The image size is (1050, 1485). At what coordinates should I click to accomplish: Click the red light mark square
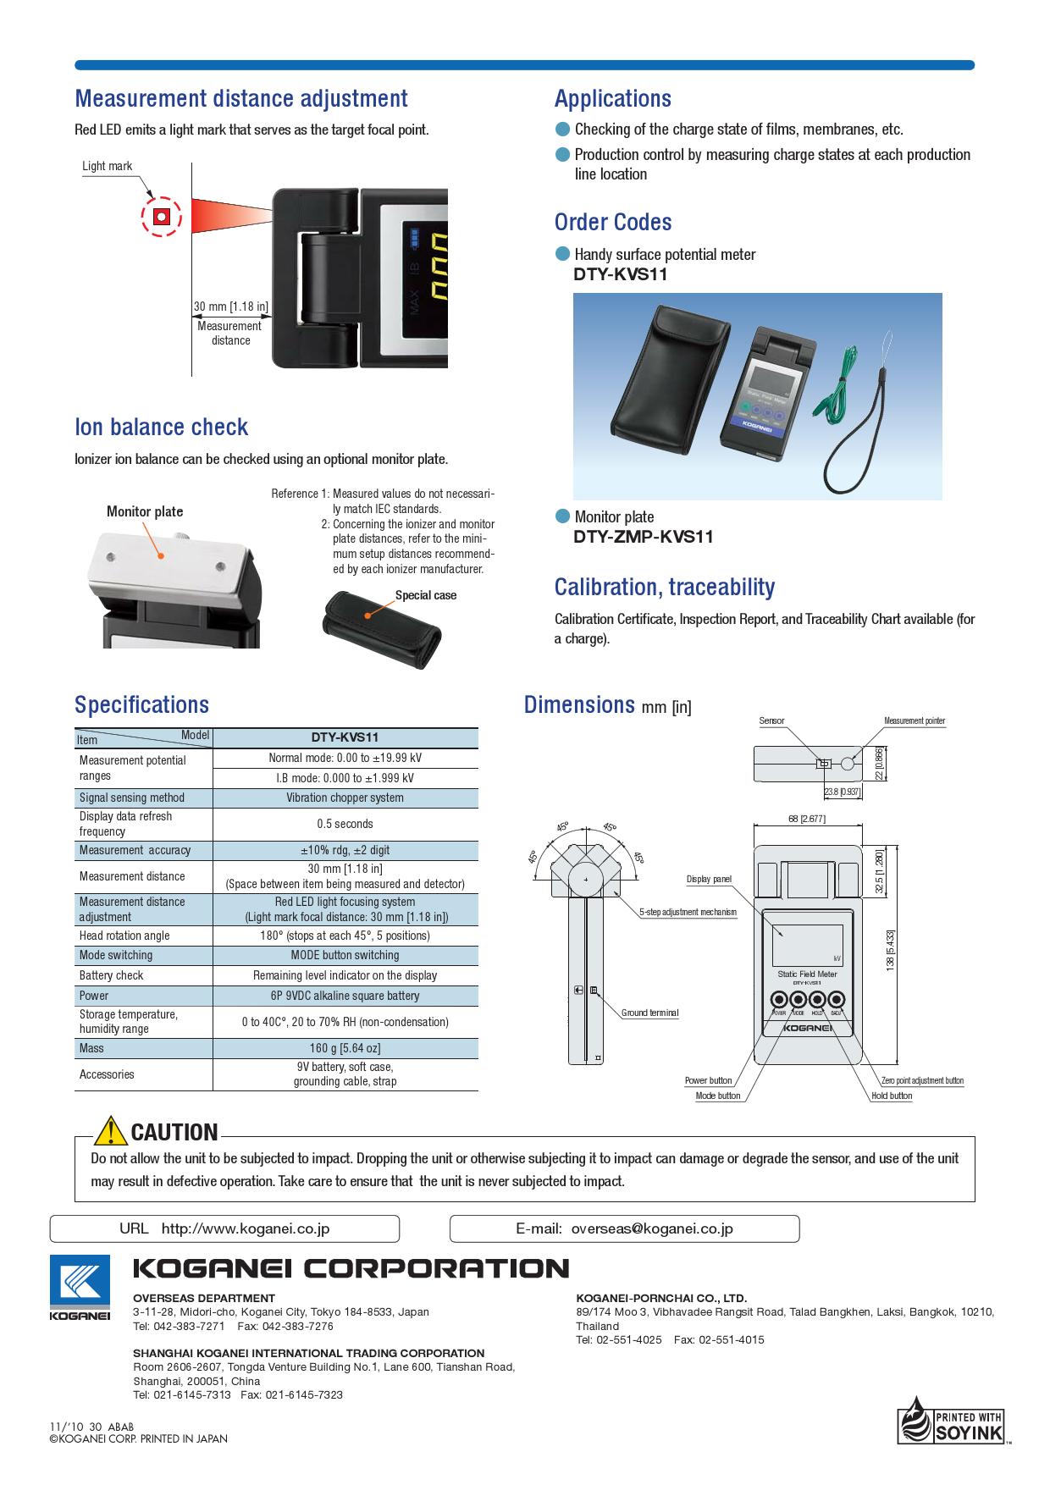tap(161, 218)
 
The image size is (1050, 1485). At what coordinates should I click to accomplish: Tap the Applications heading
tap(612, 99)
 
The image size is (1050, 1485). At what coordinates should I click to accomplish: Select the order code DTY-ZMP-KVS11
tap(644, 537)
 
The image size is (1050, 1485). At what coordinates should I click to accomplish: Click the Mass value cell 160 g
tap(345, 1048)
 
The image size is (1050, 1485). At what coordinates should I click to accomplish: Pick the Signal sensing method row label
tap(132, 798)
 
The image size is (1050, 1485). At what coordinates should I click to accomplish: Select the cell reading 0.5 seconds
tap(345, 824)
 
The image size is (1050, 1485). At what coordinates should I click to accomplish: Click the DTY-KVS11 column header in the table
tap(345, 737)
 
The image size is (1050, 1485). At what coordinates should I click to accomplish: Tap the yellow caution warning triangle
tap(110, 1131)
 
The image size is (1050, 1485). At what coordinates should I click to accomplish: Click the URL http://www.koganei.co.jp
tap(246, 1228)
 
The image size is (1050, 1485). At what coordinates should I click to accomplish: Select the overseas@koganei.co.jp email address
tap(652, 1228)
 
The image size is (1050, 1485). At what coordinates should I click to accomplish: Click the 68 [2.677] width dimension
tap(806, 819)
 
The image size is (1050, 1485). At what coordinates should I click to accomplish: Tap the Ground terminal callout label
tap(649, 1013)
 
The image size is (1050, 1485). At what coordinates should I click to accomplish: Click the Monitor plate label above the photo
tap(145, 511)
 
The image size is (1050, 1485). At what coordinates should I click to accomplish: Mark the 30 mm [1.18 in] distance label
tap(231, 306)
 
